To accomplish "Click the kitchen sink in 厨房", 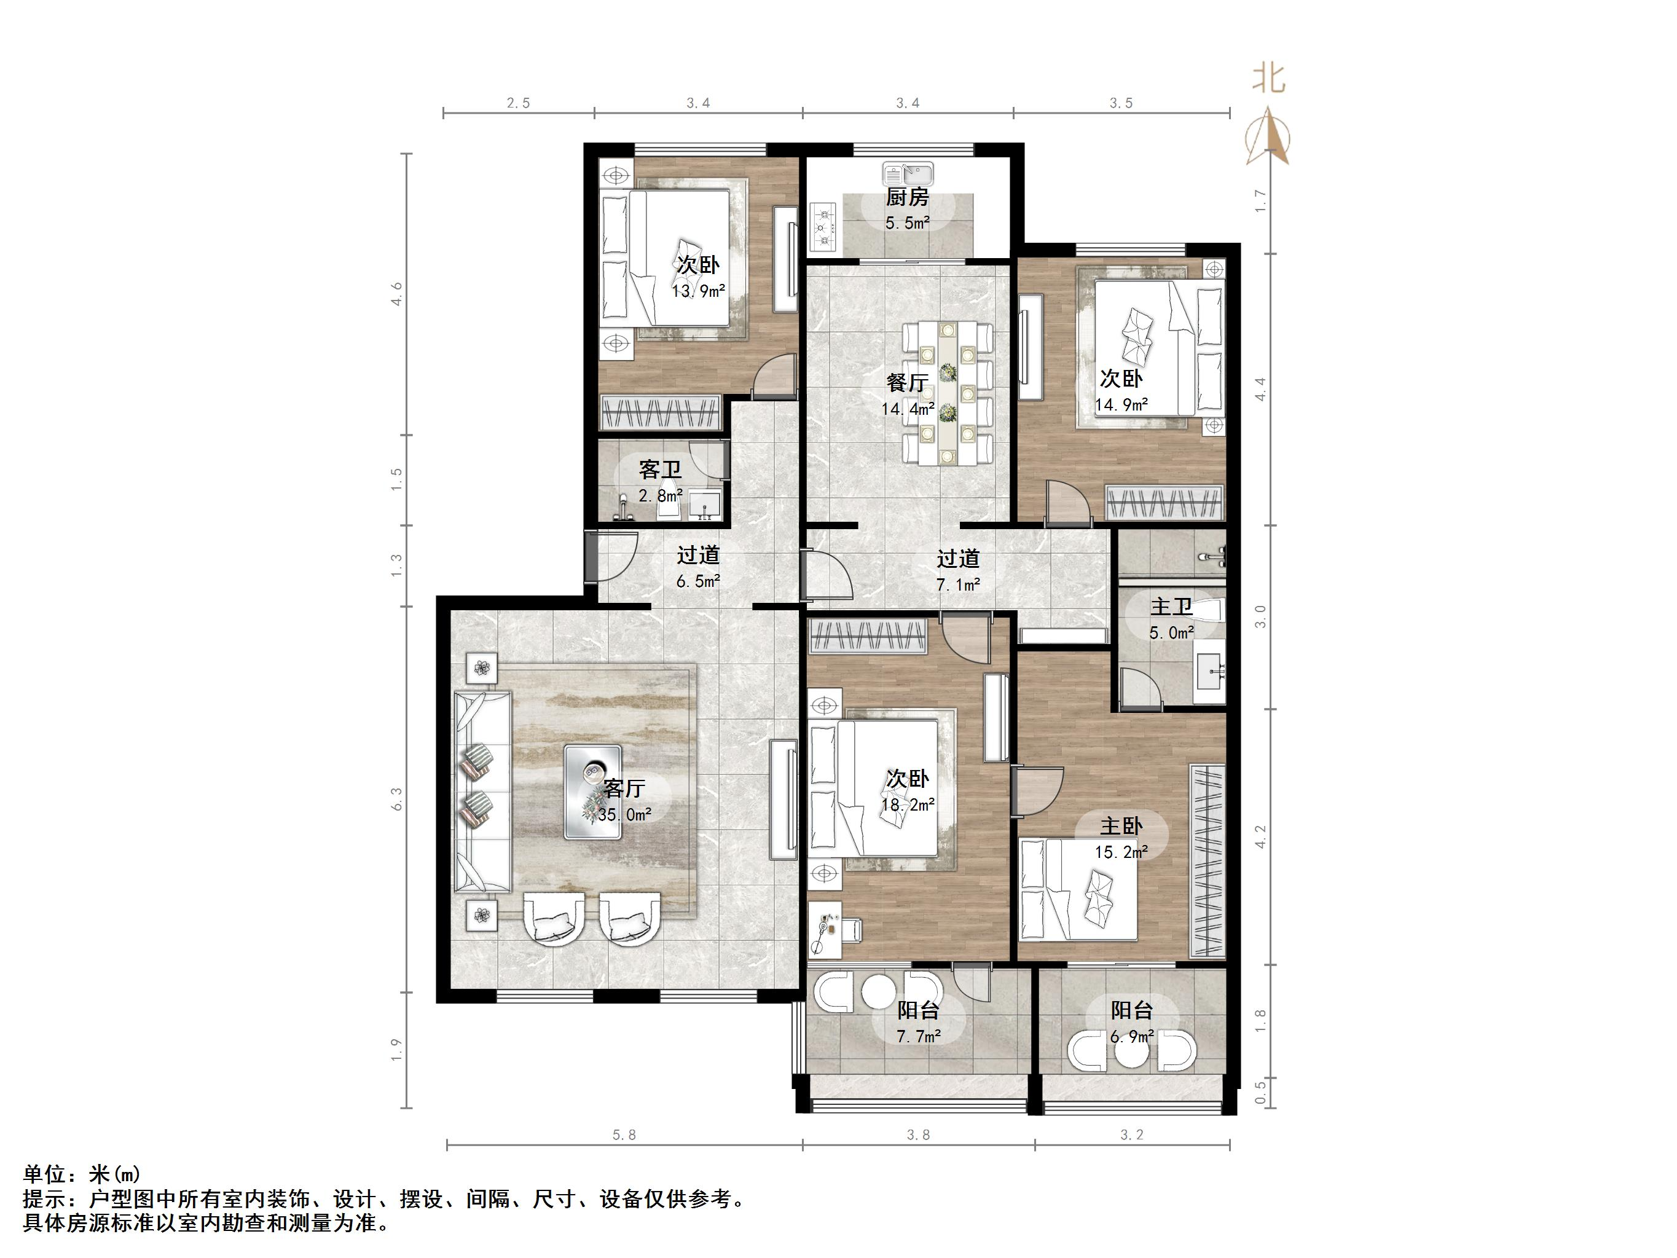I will (x=908, y=175).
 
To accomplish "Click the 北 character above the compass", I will (x=1268, y=79).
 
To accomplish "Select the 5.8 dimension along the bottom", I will (x=624, y=1135).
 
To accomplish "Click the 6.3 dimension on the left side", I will (x=396, y=800).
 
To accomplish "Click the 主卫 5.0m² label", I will (x=1171, y=619).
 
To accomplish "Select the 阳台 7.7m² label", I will (x=918, y=1023).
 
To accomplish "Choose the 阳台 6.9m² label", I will (x=1131, y=1023).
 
